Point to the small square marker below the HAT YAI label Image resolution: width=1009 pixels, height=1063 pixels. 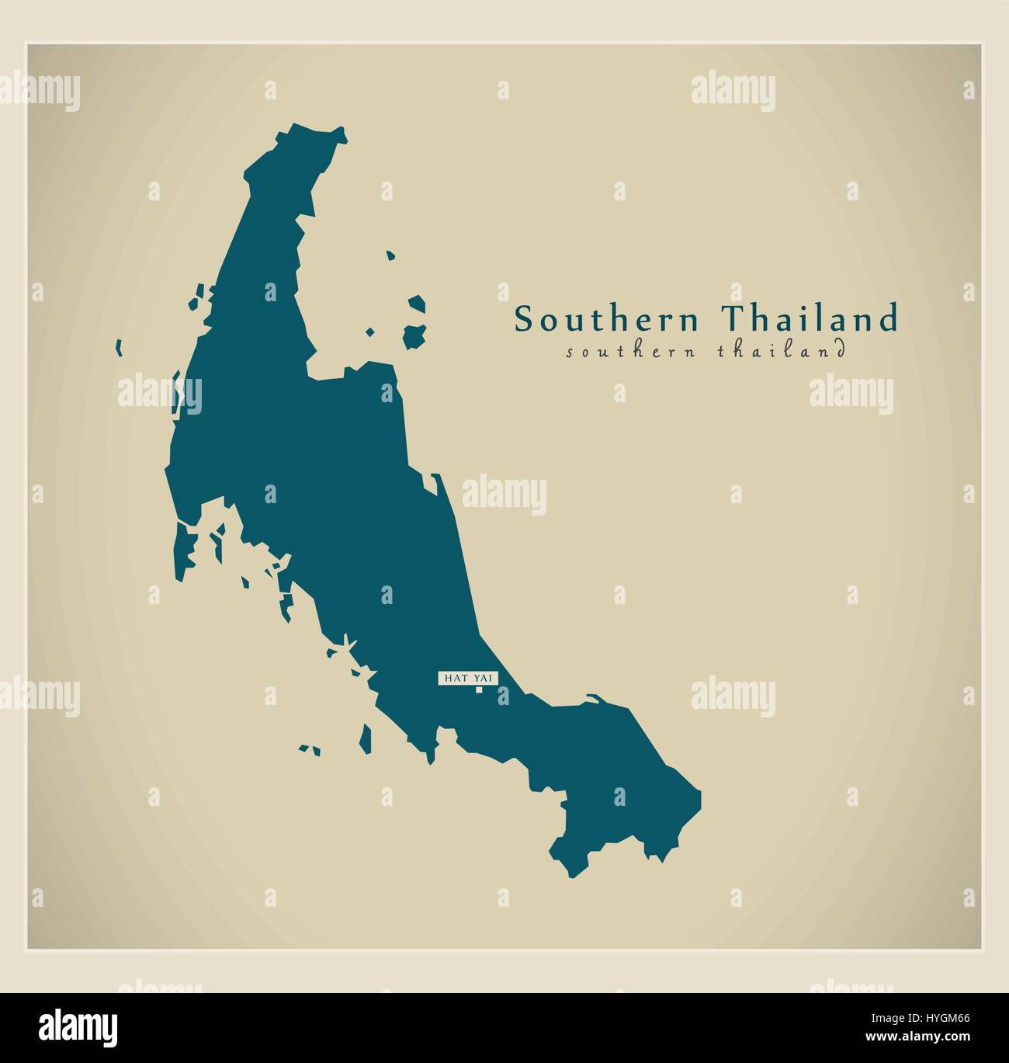tap(479, 690)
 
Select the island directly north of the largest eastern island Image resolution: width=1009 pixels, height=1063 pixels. tap(418, 304)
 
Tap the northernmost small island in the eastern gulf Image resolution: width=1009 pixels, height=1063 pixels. tap(390, 254)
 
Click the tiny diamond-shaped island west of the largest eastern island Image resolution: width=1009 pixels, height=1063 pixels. tap(370, 332)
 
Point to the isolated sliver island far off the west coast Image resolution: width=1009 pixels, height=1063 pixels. tap(119, 347)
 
